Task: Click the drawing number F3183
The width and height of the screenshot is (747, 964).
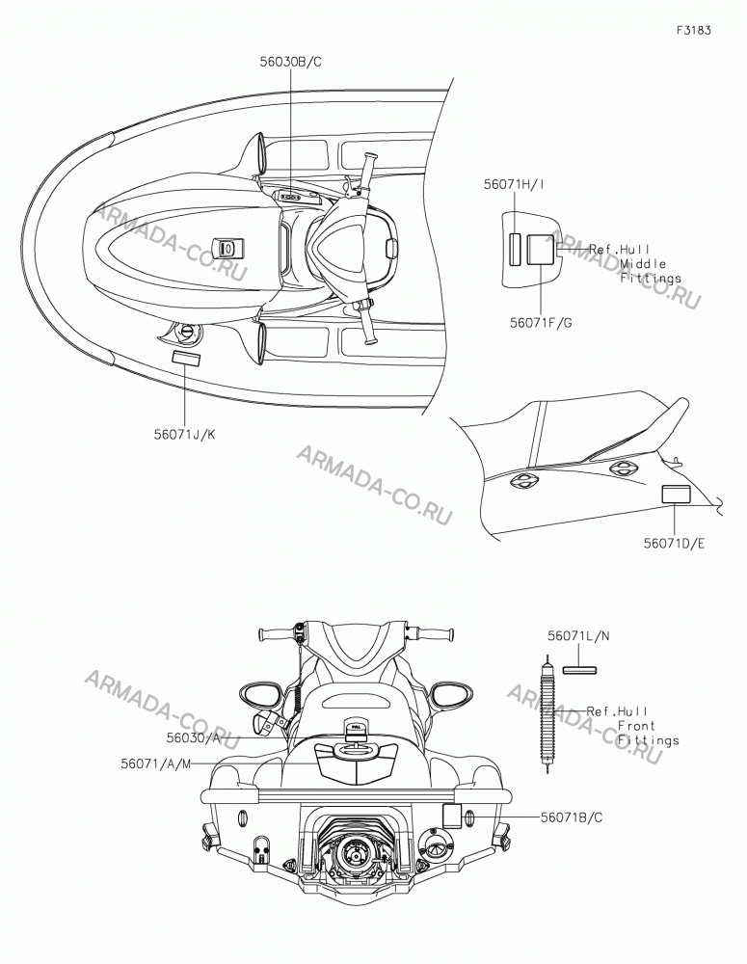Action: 694,30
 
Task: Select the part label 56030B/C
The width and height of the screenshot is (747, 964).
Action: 290,62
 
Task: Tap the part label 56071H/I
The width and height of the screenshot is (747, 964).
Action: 514,184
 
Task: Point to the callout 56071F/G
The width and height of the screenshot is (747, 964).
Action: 541,322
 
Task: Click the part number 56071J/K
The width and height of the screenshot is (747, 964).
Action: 184,434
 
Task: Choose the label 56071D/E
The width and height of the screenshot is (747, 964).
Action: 675,544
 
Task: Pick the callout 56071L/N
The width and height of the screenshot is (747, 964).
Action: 578,635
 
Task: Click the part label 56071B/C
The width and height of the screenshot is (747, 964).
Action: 572,817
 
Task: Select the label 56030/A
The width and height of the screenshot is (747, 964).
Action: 193,737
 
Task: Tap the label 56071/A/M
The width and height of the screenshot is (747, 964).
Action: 156,763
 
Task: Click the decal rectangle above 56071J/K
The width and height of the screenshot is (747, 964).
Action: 185,359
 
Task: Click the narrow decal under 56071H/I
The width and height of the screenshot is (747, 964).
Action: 515,249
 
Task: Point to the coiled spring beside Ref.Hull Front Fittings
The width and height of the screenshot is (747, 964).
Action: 547,713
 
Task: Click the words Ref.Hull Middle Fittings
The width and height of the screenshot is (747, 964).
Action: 635,264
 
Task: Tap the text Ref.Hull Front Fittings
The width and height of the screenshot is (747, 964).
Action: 632,726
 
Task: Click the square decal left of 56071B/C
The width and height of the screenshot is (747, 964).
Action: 452,816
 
